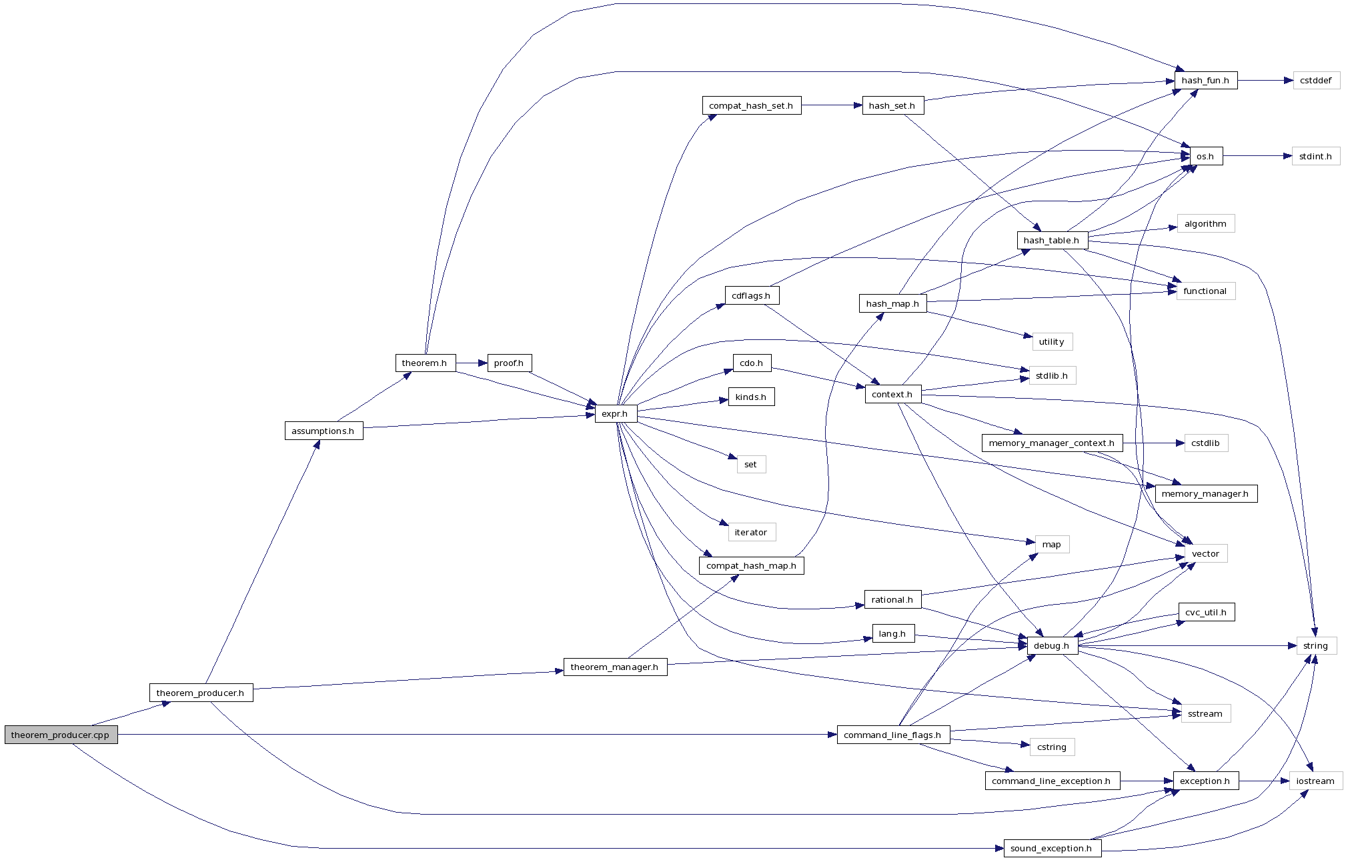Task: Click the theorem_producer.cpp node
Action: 61,735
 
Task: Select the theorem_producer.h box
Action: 201,693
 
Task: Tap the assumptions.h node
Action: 323,431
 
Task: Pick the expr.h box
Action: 615,413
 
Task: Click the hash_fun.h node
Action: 1205,80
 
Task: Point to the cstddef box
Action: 1316,80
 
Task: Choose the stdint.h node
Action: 1315,156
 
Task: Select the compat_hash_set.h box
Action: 751,105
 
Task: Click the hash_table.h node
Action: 1051,240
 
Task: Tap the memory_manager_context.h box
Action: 1052,443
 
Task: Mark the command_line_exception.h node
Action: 1052,781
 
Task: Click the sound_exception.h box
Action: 1052,848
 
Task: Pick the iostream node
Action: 1315,781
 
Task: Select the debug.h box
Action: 1053,645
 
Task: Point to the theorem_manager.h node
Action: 615,667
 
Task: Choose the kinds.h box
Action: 751,397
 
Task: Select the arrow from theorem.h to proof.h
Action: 472,363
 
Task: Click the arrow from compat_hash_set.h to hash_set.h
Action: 831,105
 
